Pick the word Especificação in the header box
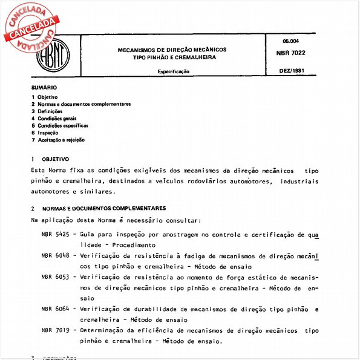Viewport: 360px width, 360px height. pos(174,71)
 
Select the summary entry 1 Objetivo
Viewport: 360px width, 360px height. pos(44,97)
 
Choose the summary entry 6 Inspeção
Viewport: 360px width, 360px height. pos(45,133)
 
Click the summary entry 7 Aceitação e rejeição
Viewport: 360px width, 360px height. pos(57,140)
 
